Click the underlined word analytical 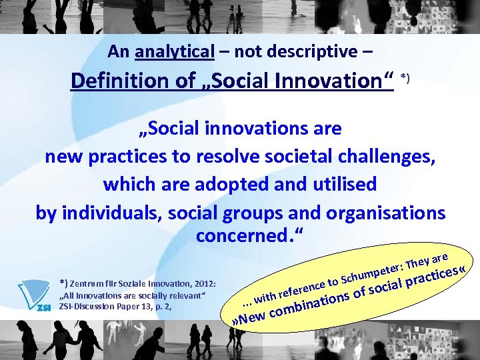pyautogui.click(x=175, y=51)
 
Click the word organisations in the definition pyautogui.click(x=386, y=212)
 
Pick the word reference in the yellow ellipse pyautogui.click(x=301, y=287)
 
